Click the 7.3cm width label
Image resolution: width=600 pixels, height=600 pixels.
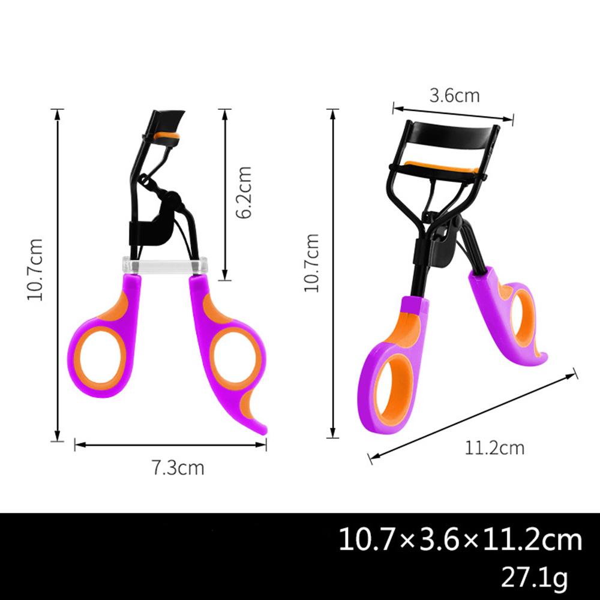tap(178, 467)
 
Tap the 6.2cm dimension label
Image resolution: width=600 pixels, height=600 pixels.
tap(244, 193)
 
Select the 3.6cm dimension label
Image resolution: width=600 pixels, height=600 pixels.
tap(454, 95)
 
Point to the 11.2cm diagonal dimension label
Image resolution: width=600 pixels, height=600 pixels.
tap(494, 448)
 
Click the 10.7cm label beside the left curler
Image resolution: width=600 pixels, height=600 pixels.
tap(35, 269)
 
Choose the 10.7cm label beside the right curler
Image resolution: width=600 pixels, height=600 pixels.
tap(311, 263)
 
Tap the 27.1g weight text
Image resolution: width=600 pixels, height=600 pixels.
tap(534, 577)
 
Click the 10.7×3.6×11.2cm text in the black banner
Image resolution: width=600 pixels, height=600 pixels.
tap(460, 540)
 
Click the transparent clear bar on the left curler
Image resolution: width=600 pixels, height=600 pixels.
tap(165, 265)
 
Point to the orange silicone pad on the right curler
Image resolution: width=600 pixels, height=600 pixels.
tap(441, 167)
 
